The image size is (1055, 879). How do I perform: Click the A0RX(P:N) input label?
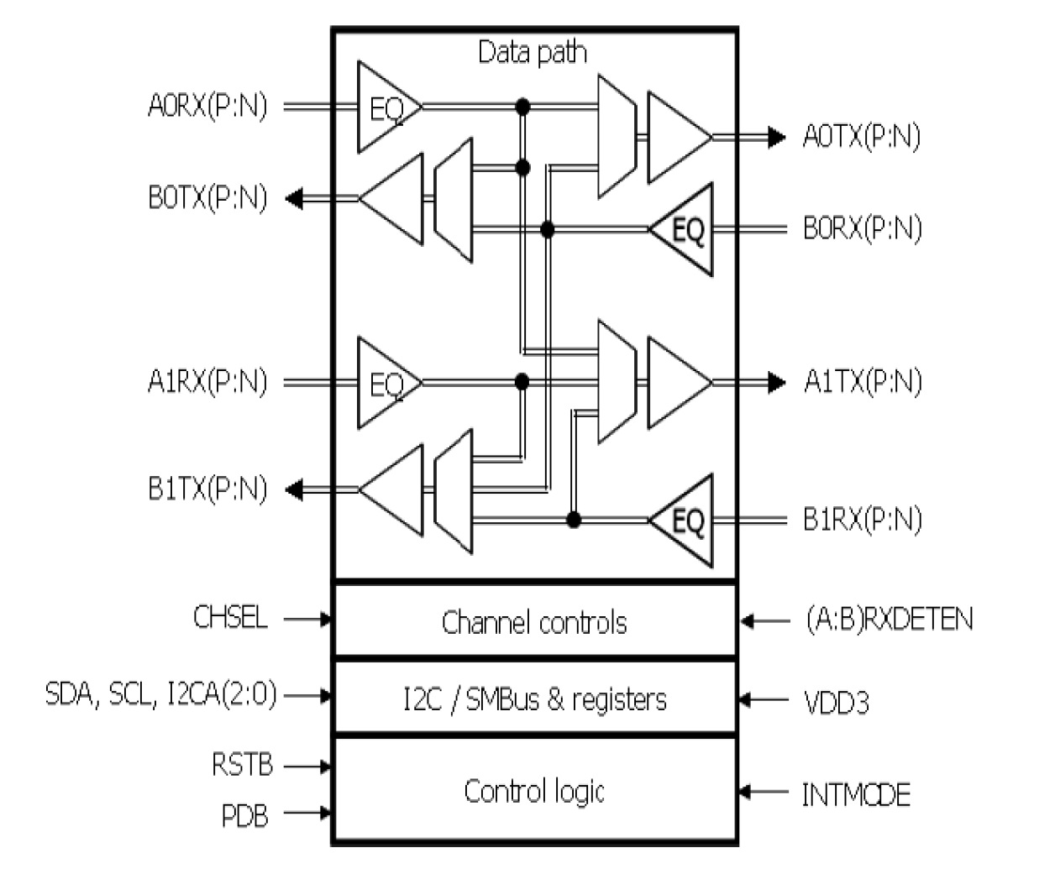coord(207,107)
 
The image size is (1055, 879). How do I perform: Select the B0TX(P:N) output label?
coord(207,199)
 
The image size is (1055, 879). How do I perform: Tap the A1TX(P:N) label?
coord(863,382)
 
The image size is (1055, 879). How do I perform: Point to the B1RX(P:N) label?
coord(863,520)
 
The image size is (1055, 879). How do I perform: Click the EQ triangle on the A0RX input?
coord(385,107)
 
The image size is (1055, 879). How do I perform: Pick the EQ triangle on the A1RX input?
coord(385,383)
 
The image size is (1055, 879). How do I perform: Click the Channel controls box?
coord(534,622)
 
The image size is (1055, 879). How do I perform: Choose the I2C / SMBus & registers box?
coord(534,698)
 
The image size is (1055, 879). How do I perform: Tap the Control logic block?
coord(534,791)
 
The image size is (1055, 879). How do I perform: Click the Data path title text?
coord(532,52)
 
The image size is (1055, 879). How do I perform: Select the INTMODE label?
coord(855,794)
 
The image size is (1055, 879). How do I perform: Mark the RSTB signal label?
coord(242,766)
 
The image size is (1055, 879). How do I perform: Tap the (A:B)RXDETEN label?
coord(889,620)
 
